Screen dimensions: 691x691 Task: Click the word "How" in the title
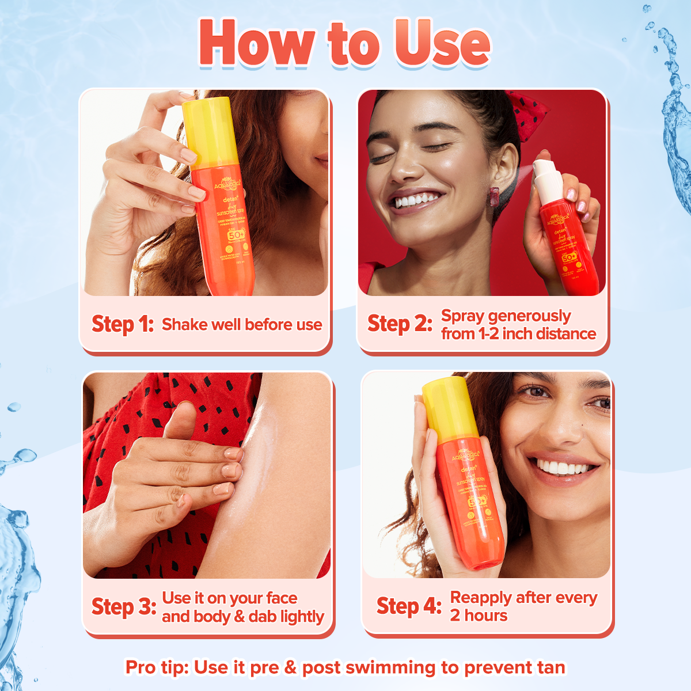point(257,43)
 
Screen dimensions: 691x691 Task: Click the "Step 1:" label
point(122,324)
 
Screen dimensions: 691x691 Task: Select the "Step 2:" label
point(400,324)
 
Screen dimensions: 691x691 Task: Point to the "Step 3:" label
point(124,607)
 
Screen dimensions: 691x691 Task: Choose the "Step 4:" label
point(409,606)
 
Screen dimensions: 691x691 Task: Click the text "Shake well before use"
point(242,325)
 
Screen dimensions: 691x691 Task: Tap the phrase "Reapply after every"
point(523,598)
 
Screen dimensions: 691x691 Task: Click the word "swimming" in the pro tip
point(391,667)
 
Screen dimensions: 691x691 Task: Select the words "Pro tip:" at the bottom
point(157,667)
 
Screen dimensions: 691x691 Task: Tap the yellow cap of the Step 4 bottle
point(446,408)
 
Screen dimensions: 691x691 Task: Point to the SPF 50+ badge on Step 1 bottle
point(236,235)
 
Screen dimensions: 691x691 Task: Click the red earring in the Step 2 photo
point(494,197)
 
